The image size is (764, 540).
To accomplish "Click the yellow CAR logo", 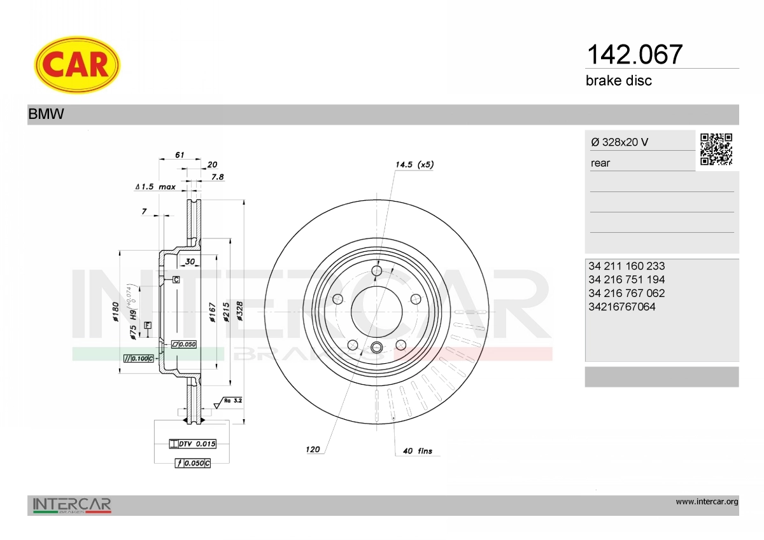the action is (x=77, y=65).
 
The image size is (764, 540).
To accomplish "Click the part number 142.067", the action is (x=634, y=55).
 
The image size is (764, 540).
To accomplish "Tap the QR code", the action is (x=716, y=149).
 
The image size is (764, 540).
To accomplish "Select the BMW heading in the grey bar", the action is (x=46, y=114).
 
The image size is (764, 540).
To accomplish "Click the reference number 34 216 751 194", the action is (x=626, y=280).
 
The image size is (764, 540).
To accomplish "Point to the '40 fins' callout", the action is (x=418, y=451).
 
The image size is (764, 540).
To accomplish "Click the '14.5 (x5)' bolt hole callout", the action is (x=414, y=165).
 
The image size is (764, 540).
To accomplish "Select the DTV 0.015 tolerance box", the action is (x=193, y=444).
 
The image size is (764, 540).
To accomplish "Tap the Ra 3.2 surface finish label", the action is (x=233, y=401).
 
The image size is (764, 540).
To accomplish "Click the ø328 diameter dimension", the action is (x=239, y=311).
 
